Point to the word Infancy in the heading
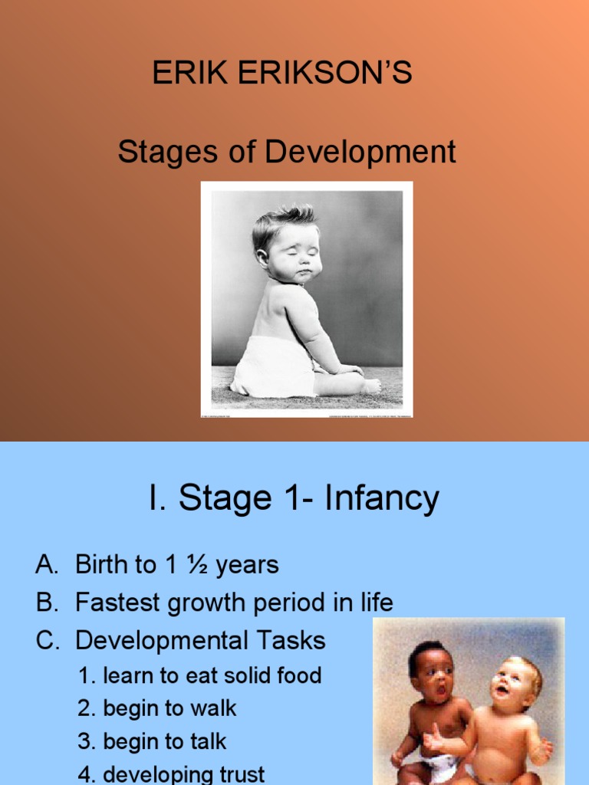(x=381, y=499)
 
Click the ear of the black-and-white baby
(x=264, y=256)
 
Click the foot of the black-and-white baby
(x=370, y=386)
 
